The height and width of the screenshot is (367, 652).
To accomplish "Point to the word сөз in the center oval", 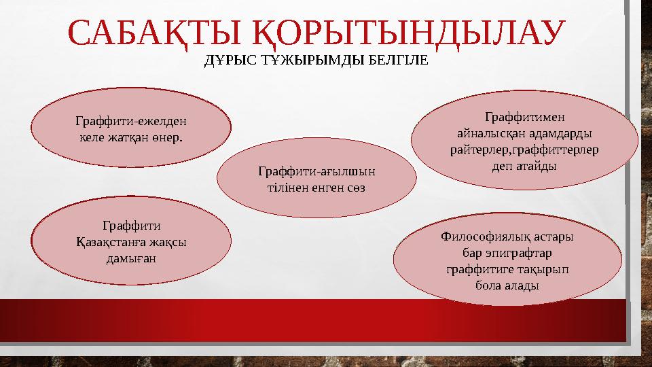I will coord(354,187).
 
